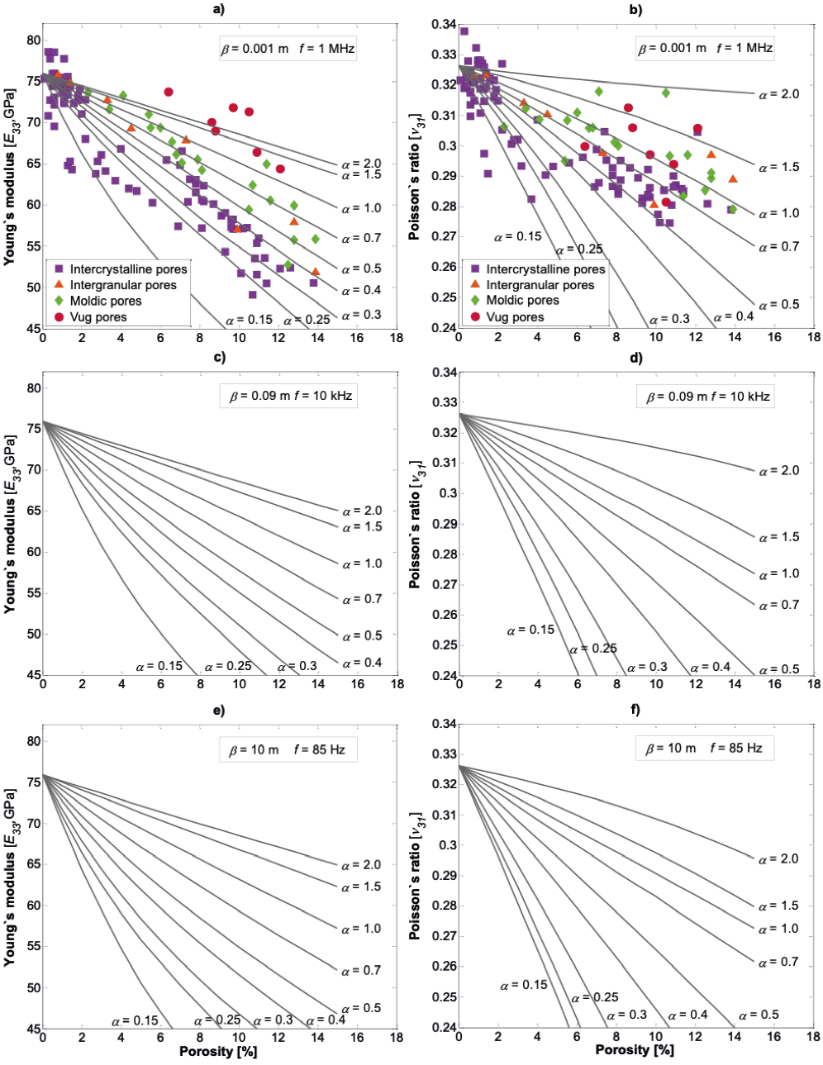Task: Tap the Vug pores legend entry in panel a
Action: [x=98, y=317]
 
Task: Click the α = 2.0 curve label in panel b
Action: [x=779, y=94]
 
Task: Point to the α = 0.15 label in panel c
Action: [x=159, y=666]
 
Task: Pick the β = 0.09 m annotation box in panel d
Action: [x=707, y=397]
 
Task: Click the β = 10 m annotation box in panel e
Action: [x=287, y=749]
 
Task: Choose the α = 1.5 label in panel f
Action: [x=779, y=906]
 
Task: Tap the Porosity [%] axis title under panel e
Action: [x=218, y=1052]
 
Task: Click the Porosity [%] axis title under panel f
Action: [x=635, y=1049]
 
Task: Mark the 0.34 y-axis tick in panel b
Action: [x=444, y=24]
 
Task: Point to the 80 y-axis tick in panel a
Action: [x=33, y=40]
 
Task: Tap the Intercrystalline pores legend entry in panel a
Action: [x=128, y=269]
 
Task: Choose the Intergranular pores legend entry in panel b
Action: [x=540, y=285]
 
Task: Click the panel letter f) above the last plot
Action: [x=635, y=710]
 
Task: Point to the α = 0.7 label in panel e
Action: [x=361, y=970]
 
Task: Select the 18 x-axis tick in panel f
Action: [x=813, y=1036]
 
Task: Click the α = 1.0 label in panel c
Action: [x=363, y=563]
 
